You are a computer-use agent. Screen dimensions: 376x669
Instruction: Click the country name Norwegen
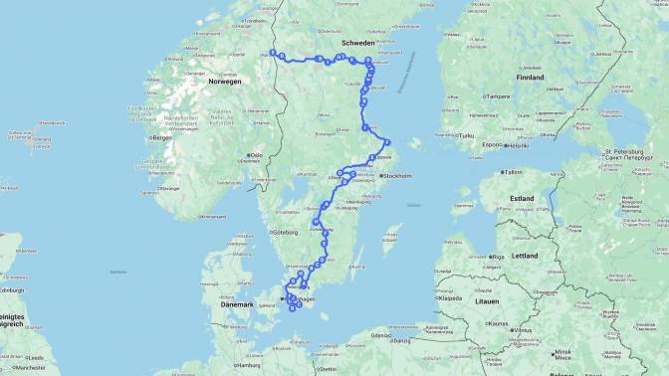coord(225,82)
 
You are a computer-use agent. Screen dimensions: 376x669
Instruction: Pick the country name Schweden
coord(357,44)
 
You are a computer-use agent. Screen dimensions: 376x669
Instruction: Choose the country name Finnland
coord(530,77)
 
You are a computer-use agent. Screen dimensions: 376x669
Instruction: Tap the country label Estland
coord(522,198)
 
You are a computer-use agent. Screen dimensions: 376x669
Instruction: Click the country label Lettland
coord(524,256)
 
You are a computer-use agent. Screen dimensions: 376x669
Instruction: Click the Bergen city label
coord(158,137)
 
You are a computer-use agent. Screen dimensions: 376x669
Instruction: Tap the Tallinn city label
coord(514,171)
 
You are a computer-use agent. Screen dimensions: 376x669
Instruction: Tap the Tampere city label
coord(498,96)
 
